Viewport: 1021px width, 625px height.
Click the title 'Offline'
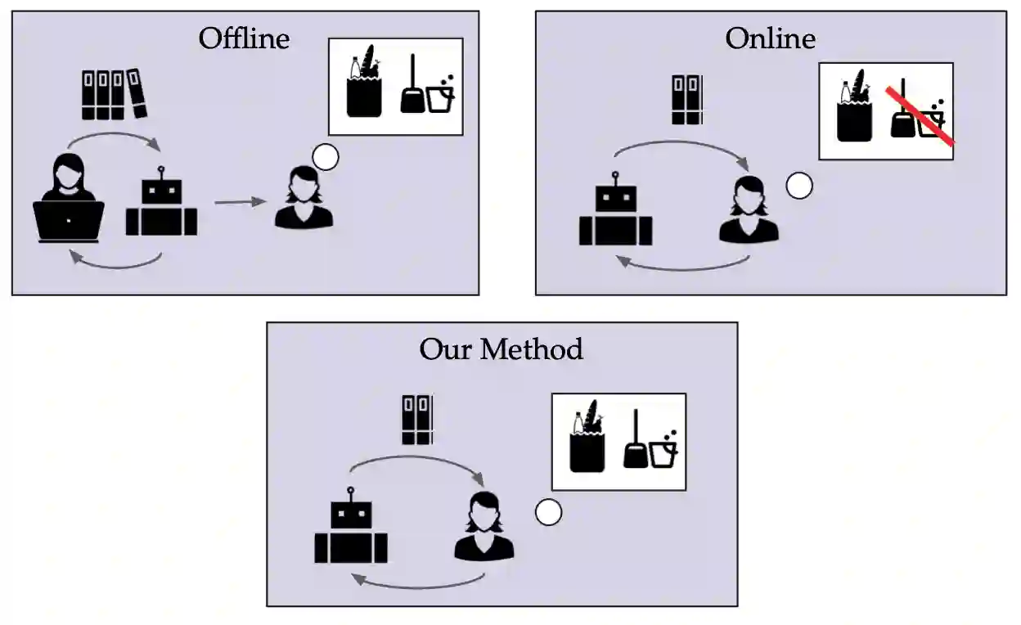click(x=244, y=38)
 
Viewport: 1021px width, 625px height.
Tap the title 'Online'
click(x=770, y=38)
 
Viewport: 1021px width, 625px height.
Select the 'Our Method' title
click(x=501, y=349)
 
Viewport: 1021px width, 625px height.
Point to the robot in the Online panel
click(x=615, y=212)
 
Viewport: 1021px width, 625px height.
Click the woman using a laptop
click(x=68, y=200)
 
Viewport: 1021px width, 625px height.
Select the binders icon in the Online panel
click(x=686, y=100)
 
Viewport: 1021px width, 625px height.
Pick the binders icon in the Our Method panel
click(x=417, y=420)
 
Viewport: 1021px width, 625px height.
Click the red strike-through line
click(x=920, y=117)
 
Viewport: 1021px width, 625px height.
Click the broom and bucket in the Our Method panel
click(x=650, y=441)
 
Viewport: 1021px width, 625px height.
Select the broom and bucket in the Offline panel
click(x=427, y=86)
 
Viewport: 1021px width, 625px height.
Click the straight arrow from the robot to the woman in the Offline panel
click(x=241, y=201)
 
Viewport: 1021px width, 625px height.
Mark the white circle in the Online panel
click(x=799, y=186)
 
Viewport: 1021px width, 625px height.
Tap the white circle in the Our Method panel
click(x=548, y=513)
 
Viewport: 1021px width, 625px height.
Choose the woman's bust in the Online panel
click(x=749, y=209)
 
